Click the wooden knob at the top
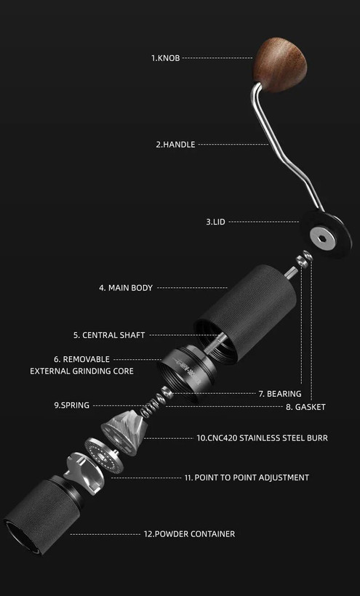(280, 64)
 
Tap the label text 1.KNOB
(165, 58)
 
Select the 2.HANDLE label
(175, 145)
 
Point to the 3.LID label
(215, 222)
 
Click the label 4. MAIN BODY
(126, 288)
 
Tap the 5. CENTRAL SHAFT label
(109, 335)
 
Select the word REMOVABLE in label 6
(87, 359)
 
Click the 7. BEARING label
(280, 394)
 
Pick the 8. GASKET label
(305, 407)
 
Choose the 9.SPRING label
(72, 405)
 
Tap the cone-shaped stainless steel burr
(123, 432)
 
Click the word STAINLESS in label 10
(258, 438)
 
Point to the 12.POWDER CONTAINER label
(189, 534)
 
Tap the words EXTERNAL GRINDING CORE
(81, 371)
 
